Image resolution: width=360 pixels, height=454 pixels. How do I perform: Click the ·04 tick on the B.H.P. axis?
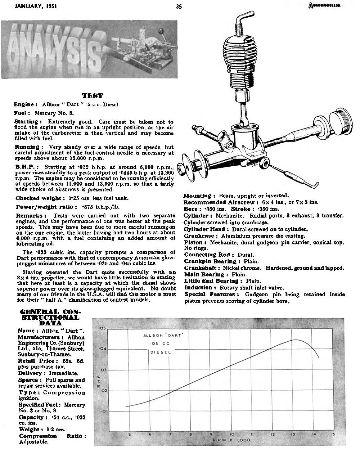point(102,349)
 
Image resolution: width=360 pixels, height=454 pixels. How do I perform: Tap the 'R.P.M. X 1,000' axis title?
point(231,440)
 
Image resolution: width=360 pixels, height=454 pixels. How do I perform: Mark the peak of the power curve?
point(295,340)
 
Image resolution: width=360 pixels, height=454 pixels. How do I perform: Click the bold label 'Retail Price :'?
point(36,361)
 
